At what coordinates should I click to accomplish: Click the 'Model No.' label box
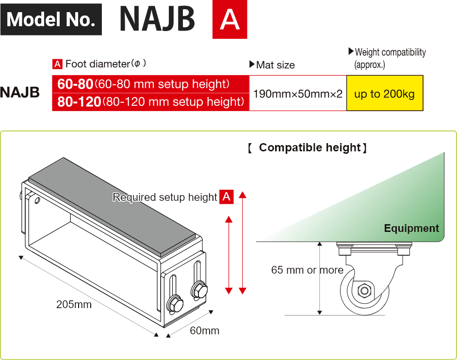click(51, 19)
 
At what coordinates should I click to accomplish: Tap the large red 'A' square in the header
click(229, 21)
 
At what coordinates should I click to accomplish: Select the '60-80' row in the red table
click(151, 84)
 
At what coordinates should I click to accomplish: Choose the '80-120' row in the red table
click(151, 101)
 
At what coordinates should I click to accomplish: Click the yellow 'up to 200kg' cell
click(384, 94)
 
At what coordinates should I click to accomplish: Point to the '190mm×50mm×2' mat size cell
click(298, 94)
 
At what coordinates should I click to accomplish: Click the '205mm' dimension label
click(74, 305)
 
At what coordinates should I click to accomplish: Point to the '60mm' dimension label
click(204, 331)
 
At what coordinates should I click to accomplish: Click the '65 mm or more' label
click(307, 270)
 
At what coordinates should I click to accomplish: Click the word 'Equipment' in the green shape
click(411, 228)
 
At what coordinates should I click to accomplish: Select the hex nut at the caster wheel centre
click(364, 291)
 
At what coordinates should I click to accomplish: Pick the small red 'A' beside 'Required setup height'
click(227, 197)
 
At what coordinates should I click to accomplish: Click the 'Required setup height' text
click(164, 197)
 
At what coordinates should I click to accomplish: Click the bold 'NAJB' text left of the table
click(20, 92)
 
